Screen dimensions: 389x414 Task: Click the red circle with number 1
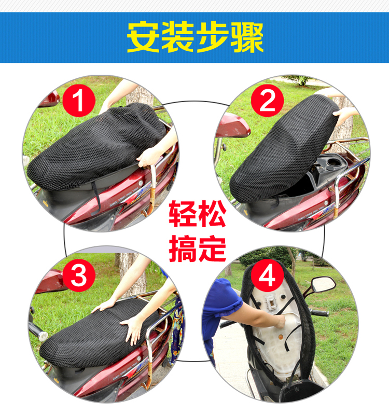[79, 101]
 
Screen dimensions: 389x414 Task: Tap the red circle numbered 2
[267, 101]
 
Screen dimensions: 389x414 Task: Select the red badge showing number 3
[79, 275]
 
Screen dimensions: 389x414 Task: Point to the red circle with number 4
[267, 275]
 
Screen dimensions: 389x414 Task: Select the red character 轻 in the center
[182, 213]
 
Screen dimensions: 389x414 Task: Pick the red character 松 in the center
[212, 213]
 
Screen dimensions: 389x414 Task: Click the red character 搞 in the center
[182, 249]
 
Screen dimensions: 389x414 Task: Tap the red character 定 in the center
[212, 249]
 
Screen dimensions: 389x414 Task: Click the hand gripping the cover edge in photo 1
[148, 157]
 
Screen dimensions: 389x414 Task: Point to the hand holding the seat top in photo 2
[343, 115]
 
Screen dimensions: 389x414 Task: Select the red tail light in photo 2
[232, 126]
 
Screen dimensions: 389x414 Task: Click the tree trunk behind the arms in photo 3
[132, 274]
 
